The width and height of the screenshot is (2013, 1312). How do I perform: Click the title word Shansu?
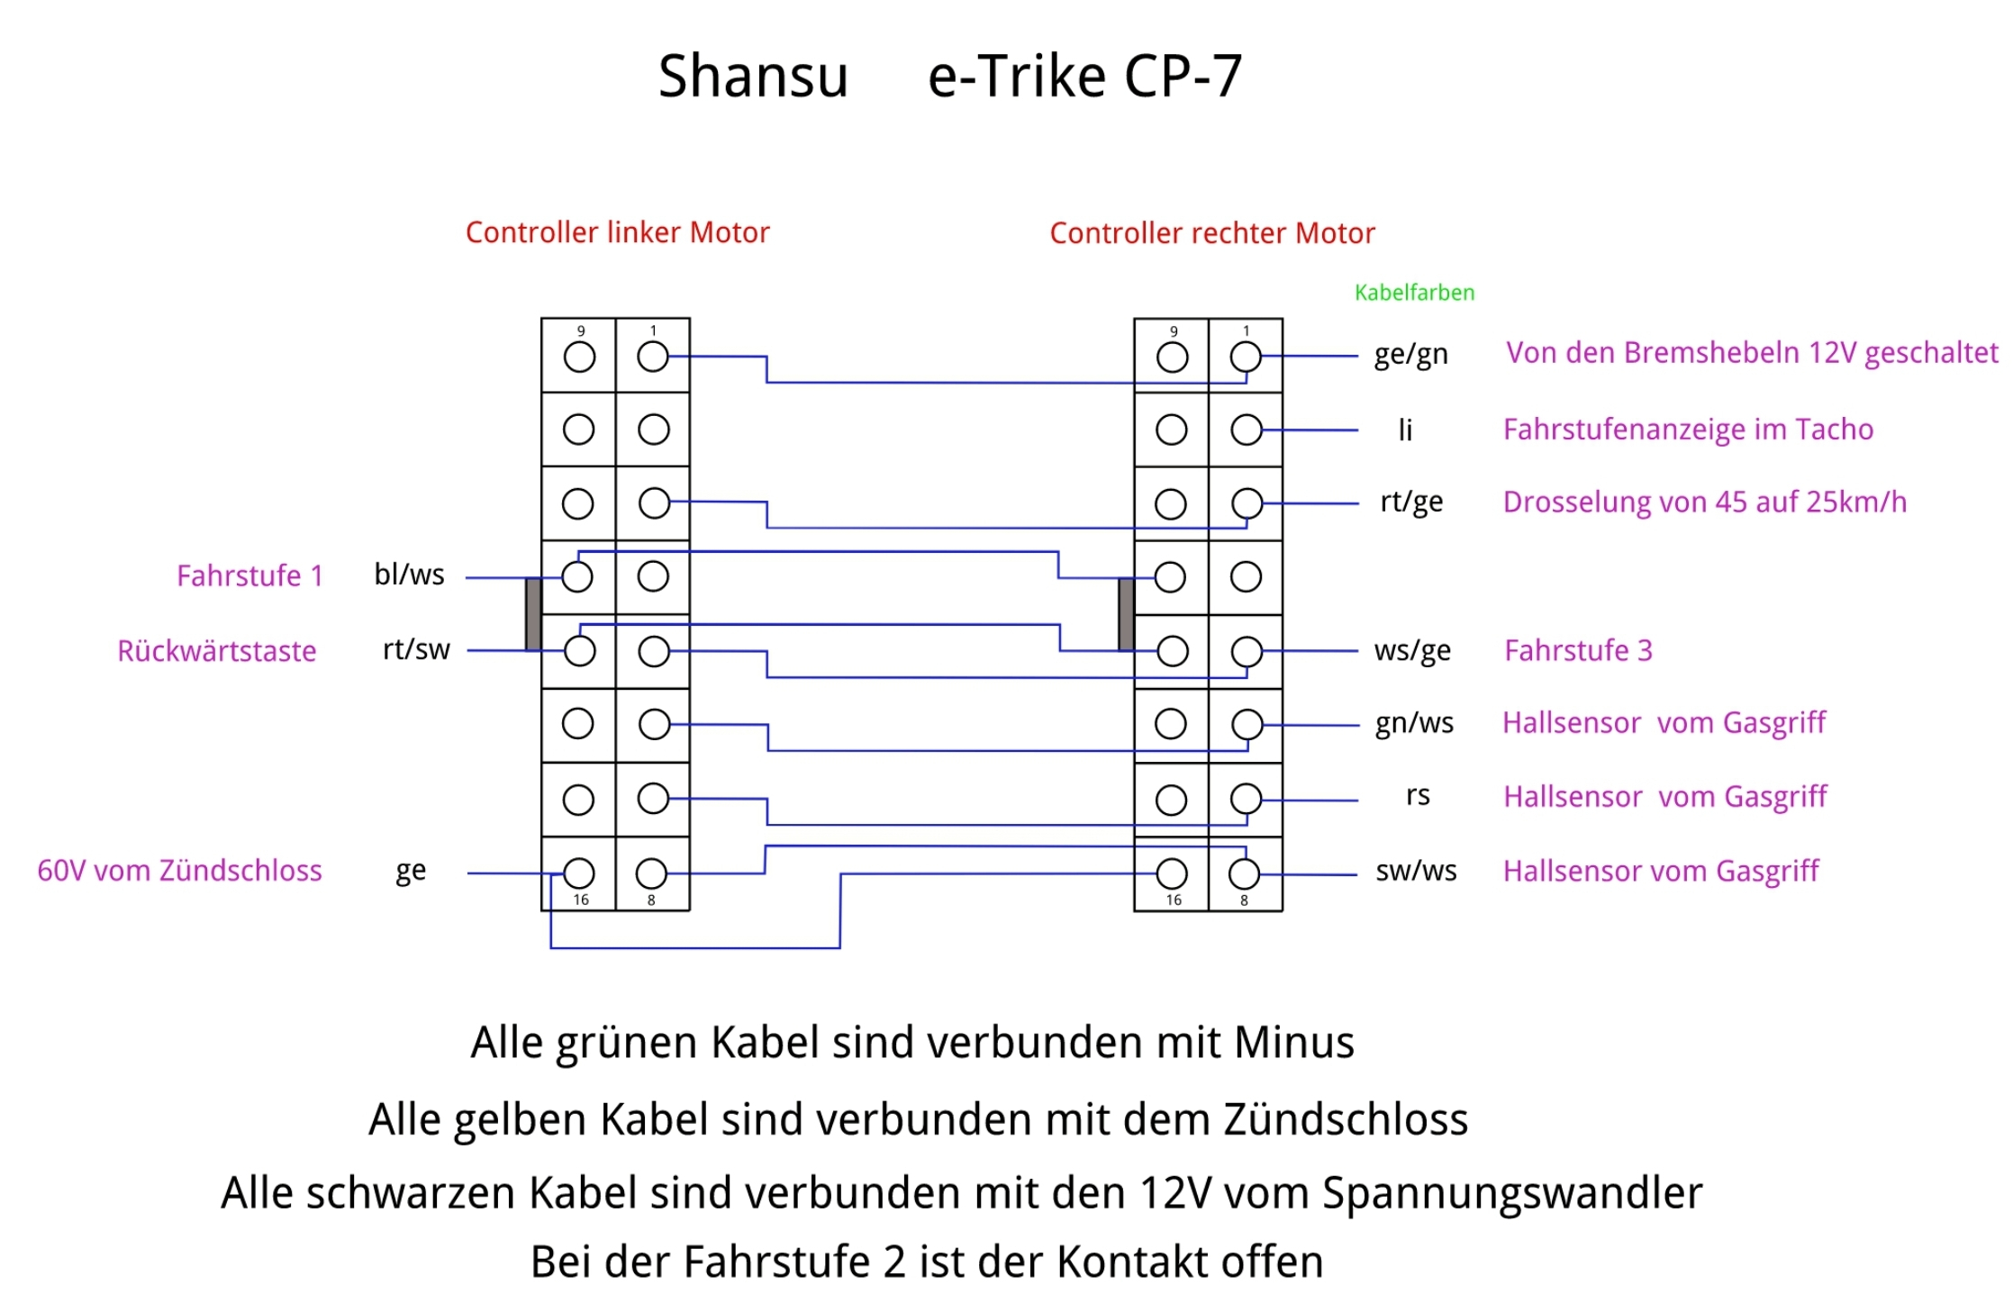[753, 77]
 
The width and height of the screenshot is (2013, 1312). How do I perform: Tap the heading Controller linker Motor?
[617, 232]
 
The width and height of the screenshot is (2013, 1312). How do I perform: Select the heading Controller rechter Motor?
[1211, 233]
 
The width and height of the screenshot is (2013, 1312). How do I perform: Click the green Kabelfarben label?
[1414, 293]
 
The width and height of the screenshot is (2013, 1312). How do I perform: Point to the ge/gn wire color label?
[1410, 355]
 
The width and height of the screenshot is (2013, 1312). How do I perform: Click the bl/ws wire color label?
[409, 575]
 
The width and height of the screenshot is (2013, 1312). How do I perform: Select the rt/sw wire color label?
[415, 649]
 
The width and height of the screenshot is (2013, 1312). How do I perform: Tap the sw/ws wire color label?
[1416, 871]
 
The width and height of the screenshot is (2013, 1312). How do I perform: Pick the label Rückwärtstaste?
[216, 651]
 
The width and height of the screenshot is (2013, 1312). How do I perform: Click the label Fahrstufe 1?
[249, 575]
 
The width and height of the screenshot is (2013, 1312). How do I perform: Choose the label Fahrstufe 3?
[1578, 650]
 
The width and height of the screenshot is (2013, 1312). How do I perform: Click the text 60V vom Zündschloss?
[179, 871]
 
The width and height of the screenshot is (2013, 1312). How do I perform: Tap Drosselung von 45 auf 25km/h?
[1704, 502]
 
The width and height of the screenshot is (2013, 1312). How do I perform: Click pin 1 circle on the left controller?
[653, 357]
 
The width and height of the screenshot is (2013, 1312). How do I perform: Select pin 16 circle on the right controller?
[1172, 873]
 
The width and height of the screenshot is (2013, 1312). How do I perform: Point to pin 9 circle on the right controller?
[1172, 357]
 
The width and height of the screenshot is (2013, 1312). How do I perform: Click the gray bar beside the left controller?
[533, 614]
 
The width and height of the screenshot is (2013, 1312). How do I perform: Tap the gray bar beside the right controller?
[1126, 614]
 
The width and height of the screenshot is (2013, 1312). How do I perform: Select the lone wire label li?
[1405, 430]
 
